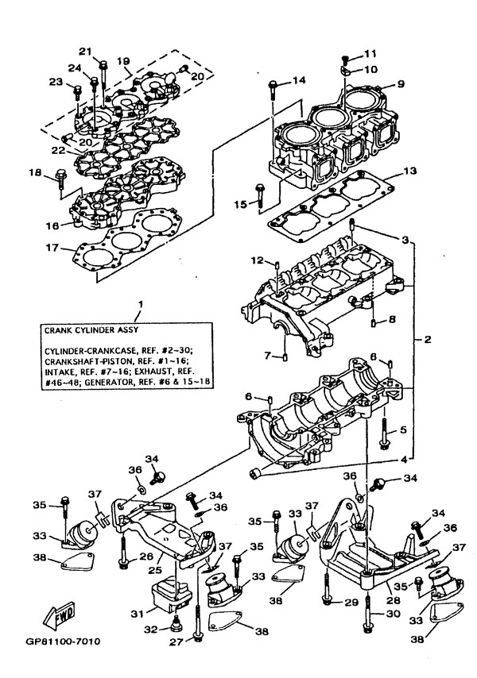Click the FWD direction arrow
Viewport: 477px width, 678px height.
(x=60, y=614)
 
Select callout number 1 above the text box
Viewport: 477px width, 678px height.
(x=140, y=305)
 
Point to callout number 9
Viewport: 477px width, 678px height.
(x=401, y=84)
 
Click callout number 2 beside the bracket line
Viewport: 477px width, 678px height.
(x=428, y=340)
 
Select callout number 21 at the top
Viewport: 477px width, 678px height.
(x=106, y=51)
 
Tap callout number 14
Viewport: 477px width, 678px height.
(x=299, y=80)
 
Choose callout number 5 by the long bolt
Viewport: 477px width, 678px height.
(x=403, y=430)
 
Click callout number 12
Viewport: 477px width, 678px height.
(x=257, y=260)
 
